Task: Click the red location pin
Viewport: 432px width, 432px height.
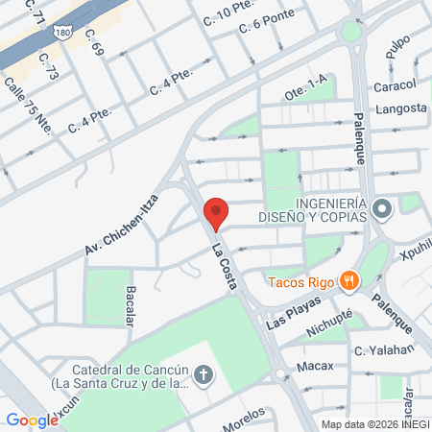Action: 216,212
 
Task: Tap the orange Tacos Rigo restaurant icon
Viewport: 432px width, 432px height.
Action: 351,280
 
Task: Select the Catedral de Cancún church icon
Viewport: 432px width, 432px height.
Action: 204,373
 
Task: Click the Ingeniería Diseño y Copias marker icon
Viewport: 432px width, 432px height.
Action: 382,208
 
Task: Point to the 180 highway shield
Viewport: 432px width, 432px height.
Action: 62,32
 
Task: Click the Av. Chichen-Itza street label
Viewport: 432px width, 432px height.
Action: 125,224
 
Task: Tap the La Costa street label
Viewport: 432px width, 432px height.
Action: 230,264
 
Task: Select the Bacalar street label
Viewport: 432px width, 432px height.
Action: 129,305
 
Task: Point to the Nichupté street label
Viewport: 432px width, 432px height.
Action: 330,324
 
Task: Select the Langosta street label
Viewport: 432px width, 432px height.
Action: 401,108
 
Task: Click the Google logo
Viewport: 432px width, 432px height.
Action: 32,420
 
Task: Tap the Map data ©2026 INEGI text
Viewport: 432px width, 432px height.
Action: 375,424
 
